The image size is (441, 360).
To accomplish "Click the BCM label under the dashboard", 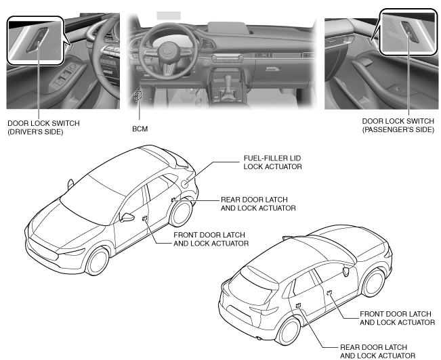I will click(140, 127).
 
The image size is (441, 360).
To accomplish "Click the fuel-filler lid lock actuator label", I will click(272, 162).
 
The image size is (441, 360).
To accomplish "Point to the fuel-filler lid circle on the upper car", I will click(186, 183).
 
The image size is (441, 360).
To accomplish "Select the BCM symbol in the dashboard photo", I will click(138, 97).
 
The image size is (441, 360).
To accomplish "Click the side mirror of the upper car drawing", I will click(126, 217).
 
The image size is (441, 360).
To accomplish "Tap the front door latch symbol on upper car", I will click(145, 218).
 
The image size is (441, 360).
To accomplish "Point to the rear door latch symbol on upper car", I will click(174, 199).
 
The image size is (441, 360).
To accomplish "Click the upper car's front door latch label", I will click(211, 238).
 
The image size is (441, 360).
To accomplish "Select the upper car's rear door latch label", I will click(258, 204).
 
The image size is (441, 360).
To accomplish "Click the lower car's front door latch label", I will click(396, 318).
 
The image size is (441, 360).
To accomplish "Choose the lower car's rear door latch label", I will click(377, 351).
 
